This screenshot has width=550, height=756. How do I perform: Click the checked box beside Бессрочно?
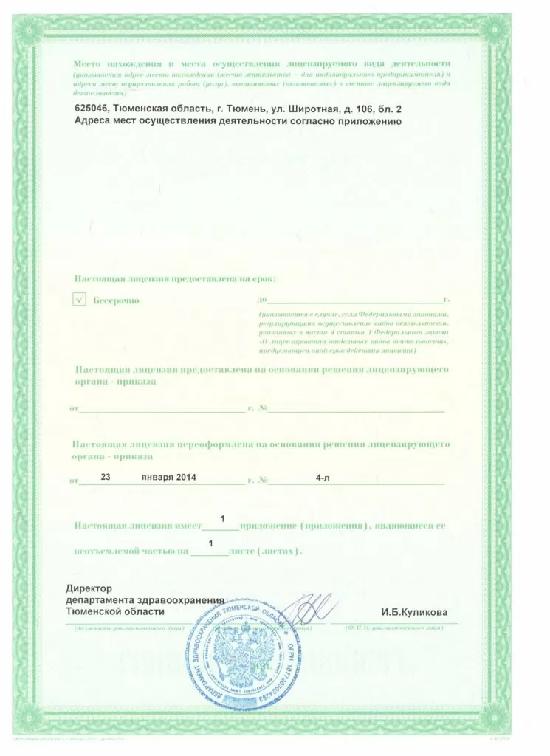click(x=80, y=300)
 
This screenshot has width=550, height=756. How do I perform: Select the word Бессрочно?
click(x=116, y=300)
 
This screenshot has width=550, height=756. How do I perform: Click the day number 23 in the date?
click(x=105, y=477)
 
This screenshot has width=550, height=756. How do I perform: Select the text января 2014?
click(x=170, y=478)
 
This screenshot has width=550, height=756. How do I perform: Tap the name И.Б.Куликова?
click(x=414, y=612)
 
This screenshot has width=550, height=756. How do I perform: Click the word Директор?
click(x=88, y=588)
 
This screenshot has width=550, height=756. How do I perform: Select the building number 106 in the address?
click(x=357, y=109)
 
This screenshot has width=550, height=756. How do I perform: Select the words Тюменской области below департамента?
click(x=115, y=612)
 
